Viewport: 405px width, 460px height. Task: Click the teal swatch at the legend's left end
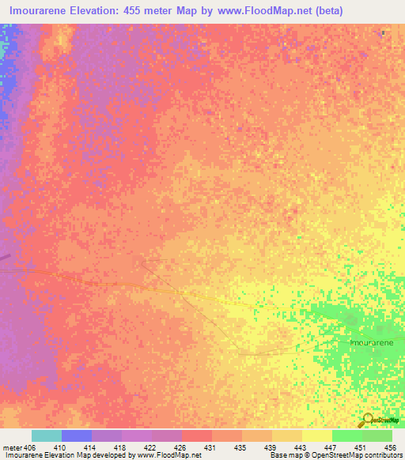click(47, 435)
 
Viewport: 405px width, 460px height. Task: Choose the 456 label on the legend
click(388, 447)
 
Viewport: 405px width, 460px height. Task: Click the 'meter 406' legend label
click(20, 447)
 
